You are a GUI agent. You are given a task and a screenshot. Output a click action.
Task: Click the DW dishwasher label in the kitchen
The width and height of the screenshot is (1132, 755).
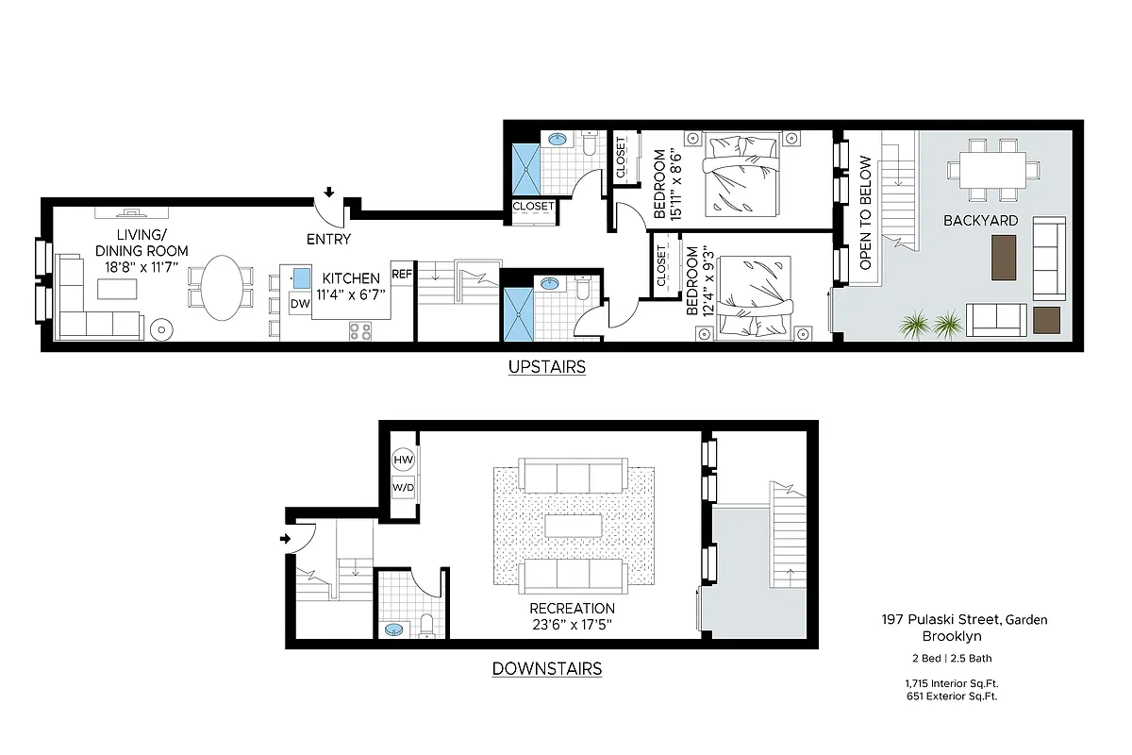300,304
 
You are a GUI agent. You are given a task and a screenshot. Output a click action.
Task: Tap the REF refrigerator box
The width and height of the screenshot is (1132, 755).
402,275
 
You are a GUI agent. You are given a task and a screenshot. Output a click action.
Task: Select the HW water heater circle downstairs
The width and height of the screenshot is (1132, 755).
403,460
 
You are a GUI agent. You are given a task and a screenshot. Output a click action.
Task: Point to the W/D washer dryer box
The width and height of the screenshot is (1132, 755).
403,487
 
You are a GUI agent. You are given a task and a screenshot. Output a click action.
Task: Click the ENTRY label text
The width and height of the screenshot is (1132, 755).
328,240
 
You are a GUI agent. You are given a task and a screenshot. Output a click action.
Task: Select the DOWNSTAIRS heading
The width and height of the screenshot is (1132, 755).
547,669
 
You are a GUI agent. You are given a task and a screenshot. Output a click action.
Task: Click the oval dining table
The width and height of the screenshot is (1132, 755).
223,288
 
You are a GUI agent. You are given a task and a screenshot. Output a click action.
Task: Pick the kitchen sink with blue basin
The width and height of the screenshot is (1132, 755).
301,277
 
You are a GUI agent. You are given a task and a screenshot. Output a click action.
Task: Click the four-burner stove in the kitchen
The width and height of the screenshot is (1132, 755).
360,330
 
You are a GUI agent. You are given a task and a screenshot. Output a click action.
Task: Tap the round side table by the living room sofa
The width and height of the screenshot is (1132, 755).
161,329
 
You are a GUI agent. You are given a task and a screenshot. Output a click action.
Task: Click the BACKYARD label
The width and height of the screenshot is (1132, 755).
981,221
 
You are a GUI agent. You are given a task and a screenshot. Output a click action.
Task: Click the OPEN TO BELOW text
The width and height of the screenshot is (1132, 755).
865,213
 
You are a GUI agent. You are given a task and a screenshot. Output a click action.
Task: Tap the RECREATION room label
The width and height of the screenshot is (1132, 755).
572,609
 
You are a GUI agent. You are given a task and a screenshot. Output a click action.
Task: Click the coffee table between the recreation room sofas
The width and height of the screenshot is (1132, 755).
572,525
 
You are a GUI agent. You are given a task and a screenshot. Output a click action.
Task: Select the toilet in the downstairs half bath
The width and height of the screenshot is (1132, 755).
425,624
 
